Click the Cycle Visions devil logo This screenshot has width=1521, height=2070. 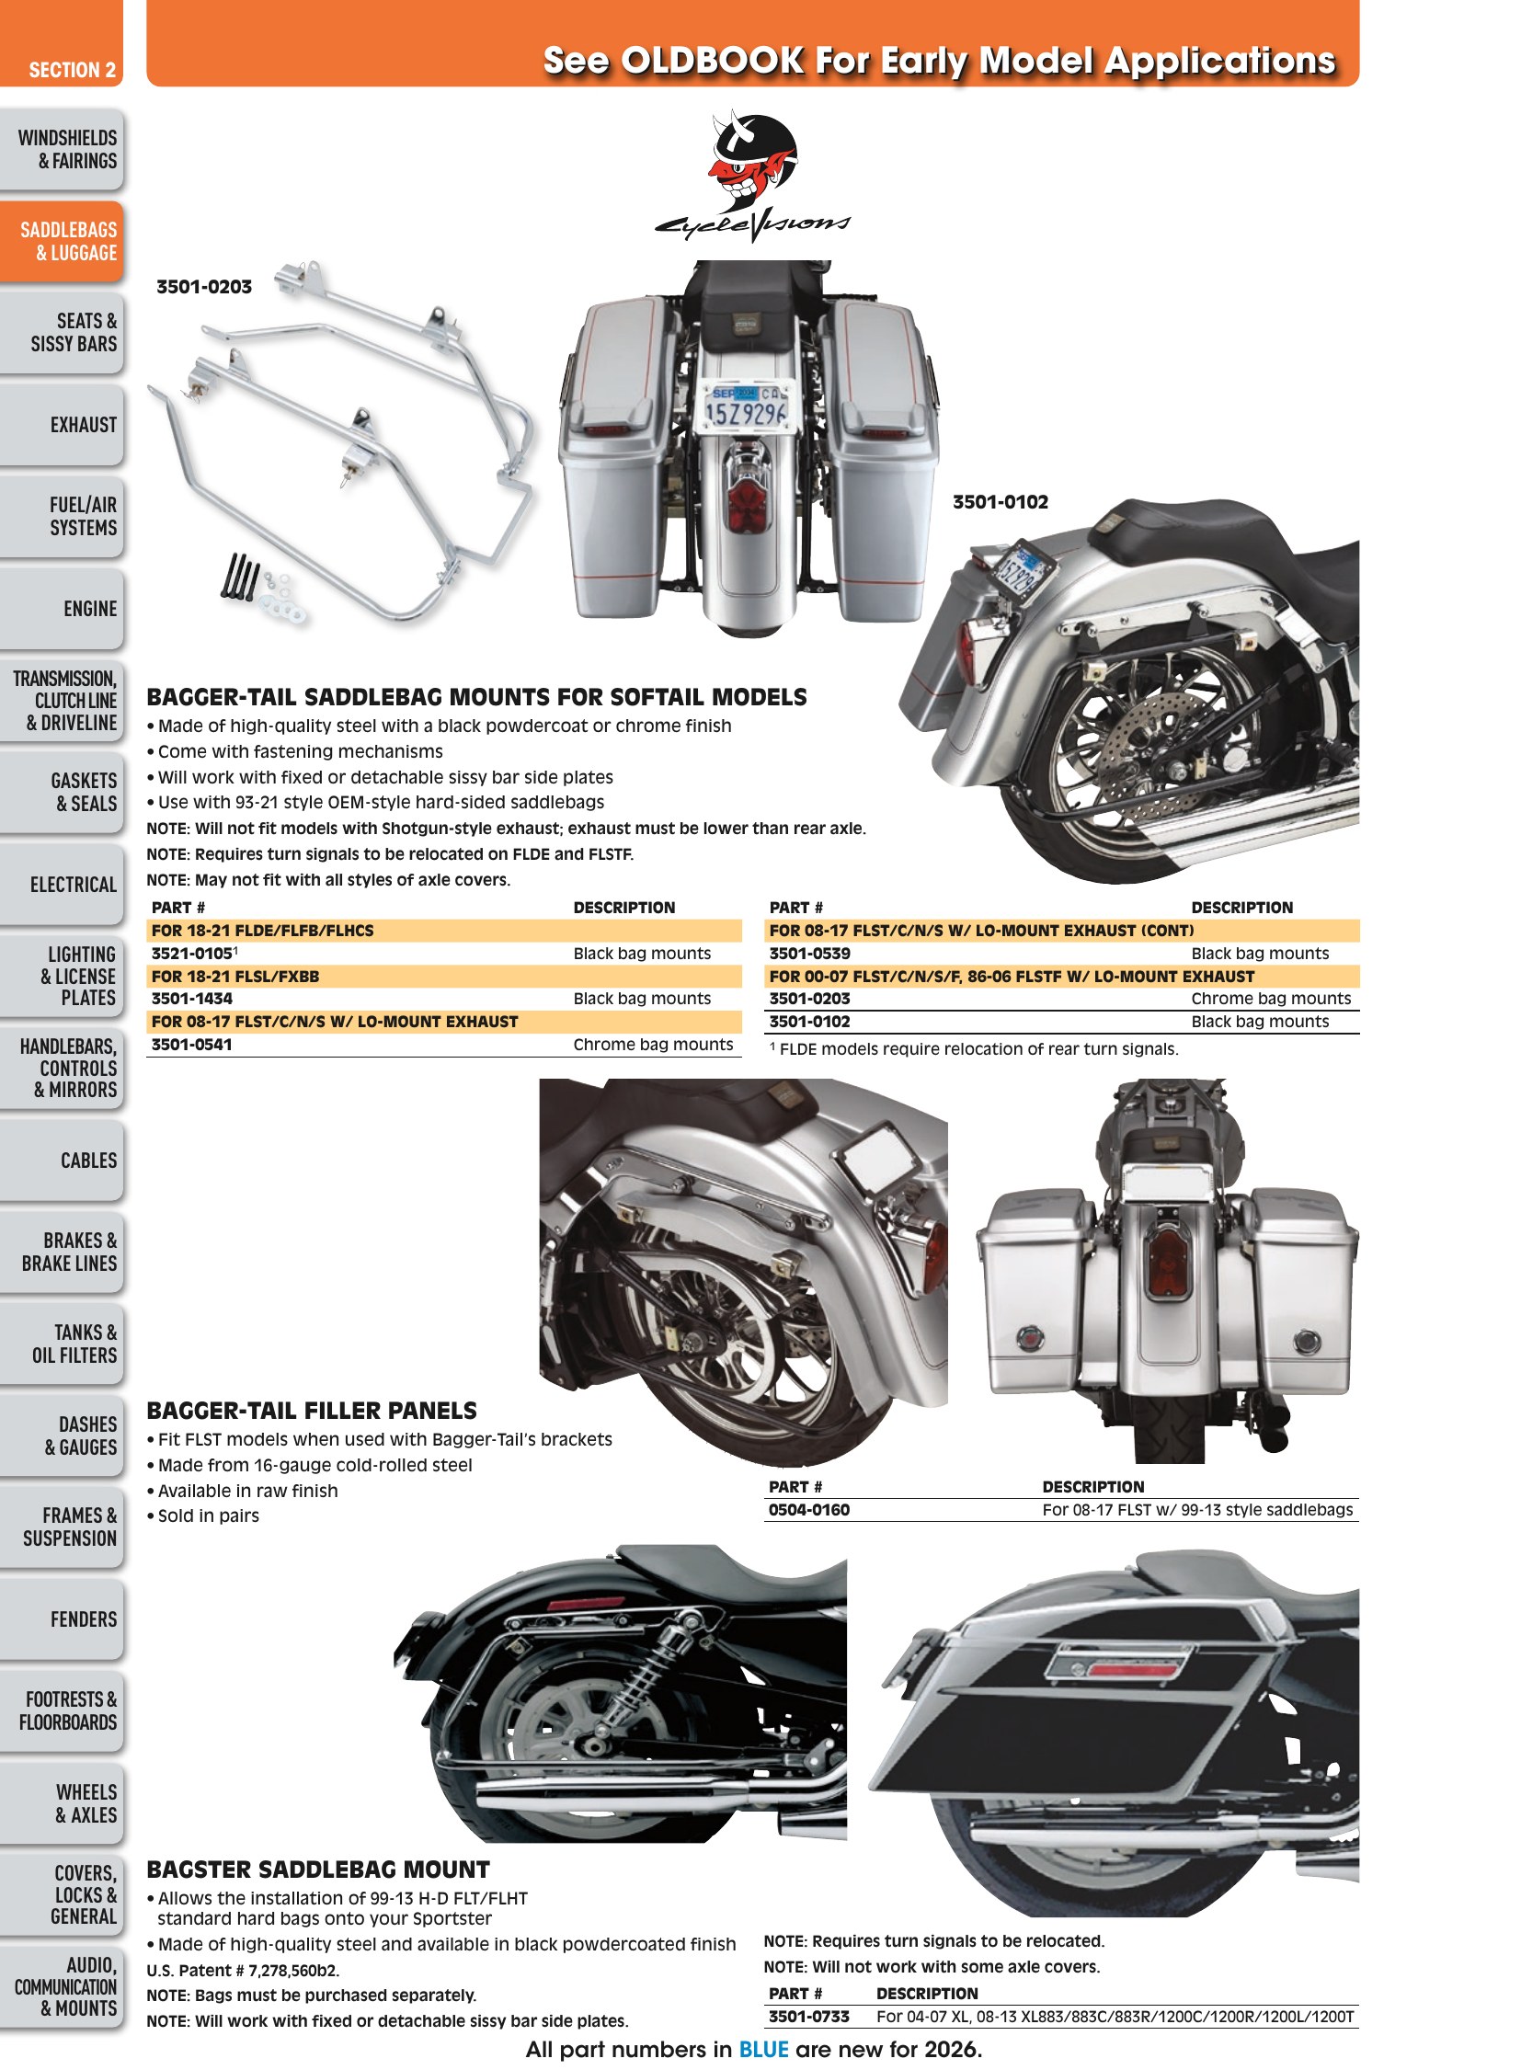pos(752,176)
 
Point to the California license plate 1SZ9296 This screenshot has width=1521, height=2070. pos(746,406)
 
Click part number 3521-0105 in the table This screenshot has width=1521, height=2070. pos(191,953)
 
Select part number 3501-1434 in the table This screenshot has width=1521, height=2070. pos(191,998)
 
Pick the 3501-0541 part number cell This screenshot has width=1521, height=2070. pos(191,1045)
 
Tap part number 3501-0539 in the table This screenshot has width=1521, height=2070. pos(809,953)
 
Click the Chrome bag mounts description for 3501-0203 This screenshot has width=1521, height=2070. pos(1271,998)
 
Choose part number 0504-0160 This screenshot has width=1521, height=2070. pos(809,1509)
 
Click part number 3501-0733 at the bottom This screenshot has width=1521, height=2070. pos(809,2017)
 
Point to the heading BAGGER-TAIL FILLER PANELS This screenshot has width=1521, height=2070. pos(312,1411)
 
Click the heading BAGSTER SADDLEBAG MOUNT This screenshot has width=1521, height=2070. pos(318,1870)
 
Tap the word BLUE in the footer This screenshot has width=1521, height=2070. pos(764,2049)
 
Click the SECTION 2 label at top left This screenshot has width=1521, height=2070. pos(72,70)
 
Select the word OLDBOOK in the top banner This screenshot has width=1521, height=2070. pos(713,61)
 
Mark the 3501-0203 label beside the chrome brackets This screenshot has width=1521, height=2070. pos(204,286)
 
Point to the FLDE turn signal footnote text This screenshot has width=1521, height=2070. pos(974,1049)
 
